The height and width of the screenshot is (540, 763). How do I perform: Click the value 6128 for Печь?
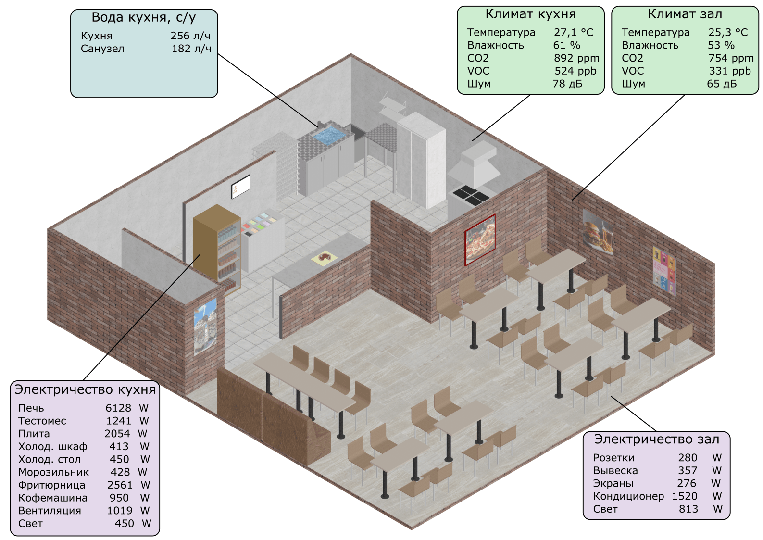[118, 408]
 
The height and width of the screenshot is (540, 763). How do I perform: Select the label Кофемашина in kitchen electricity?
[53, 498]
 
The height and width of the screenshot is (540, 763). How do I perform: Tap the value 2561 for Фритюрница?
[120, 485]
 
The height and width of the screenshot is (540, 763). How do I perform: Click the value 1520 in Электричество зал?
[684, 496]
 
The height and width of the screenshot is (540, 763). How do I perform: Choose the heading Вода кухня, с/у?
[144, 18]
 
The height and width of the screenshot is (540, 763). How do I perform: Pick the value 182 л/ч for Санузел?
[191, 49]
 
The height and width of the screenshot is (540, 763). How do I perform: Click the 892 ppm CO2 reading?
[576, 58]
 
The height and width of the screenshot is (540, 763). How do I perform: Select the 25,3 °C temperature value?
[728, 32]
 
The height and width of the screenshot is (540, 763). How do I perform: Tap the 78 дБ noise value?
[567, 84]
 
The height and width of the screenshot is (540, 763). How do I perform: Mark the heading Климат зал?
[685, 14]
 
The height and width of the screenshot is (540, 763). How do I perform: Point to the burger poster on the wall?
[598, 232]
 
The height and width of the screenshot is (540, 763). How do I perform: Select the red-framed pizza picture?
[480, 239]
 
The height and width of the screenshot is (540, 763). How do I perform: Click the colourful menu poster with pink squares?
[663, 270]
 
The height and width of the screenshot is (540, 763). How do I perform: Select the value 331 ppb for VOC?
[729, 71]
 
